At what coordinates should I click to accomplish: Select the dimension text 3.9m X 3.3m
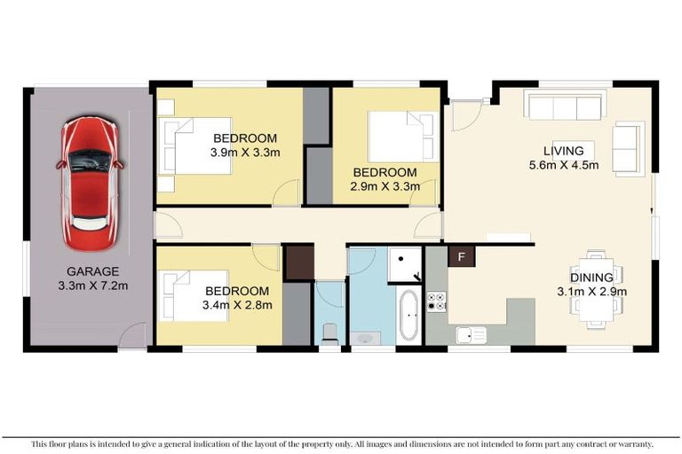point(245,153)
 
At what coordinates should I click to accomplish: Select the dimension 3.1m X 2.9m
point(591,291)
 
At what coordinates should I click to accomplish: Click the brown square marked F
point(461,257)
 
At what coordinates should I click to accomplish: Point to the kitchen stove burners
point(436,301)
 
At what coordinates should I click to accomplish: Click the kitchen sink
point(471,334)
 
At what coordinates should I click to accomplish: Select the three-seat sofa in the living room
point(565,106)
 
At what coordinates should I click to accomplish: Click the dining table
point(593,288)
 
